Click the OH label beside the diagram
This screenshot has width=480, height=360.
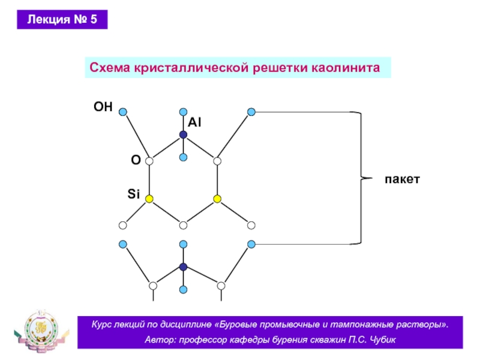[103, 107]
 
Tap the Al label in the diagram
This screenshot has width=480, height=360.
[194, 122]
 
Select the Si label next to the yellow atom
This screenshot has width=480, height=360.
[133, 194]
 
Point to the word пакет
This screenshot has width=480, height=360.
[402, 179]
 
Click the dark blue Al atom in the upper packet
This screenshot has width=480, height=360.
[183, 134]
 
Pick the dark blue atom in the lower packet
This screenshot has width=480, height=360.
[183, 267]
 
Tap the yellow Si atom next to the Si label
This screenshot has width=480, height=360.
[149, 199]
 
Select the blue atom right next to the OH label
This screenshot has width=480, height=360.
[123, 112]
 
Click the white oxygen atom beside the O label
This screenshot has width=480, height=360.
[149, 161]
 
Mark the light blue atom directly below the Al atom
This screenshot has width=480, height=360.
[183, 157]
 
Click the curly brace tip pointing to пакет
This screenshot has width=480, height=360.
[371, 178]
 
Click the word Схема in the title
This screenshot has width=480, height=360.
[110, 68]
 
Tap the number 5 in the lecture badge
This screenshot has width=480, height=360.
[94, 19]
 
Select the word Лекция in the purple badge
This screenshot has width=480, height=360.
[49, 20]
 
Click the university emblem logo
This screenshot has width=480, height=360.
[41, 331]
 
